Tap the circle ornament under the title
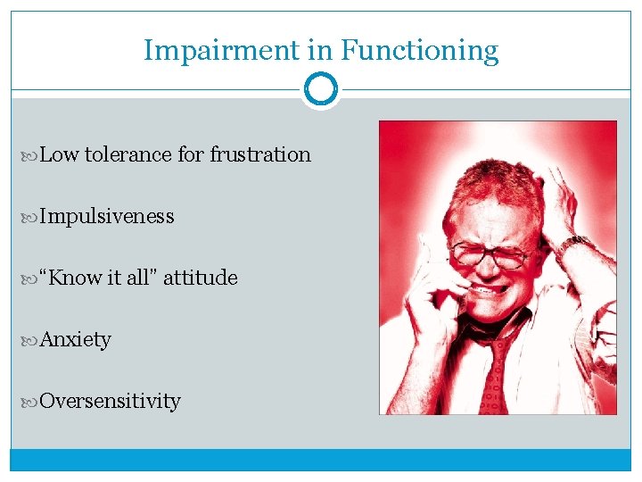click(321, 90)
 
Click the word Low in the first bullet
click(60, 154)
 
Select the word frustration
click(260, 154)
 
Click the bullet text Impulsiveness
click(107, 216)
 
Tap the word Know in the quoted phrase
click(76, 278)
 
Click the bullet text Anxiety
click(76, 339)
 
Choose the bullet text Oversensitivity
click(110, 401)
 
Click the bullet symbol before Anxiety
click(33, 340)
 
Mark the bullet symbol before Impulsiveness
click(33, 217)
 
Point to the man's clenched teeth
click(487, 290)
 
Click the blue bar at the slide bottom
click(321, 460)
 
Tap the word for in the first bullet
click(191, 154)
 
